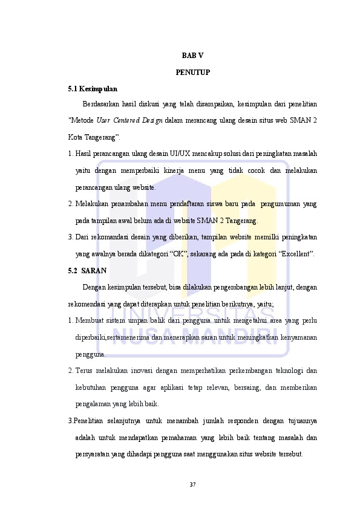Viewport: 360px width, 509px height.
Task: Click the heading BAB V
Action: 192,56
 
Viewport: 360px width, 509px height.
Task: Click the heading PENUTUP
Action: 192,73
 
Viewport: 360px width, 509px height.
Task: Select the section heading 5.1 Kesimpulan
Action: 93,89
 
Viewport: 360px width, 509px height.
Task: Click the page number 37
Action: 192,484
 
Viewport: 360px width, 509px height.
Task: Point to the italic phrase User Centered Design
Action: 129,120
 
